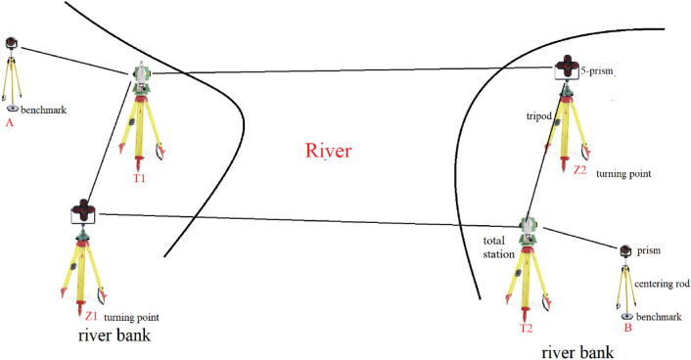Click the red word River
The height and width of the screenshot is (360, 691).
tap(327, 151)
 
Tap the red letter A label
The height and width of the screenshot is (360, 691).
tap(9, 123)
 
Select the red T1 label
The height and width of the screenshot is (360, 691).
tap(141, 179)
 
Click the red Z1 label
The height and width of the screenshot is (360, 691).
tap(90, 318)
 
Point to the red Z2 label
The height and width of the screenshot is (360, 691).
tap(579, 169)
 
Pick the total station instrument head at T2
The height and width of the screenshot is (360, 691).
tap(529, 230)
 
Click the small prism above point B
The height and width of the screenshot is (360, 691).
tap(626, 251)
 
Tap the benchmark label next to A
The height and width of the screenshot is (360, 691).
tap(44, 111)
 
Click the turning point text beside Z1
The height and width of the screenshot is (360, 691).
tap(132, 318)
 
